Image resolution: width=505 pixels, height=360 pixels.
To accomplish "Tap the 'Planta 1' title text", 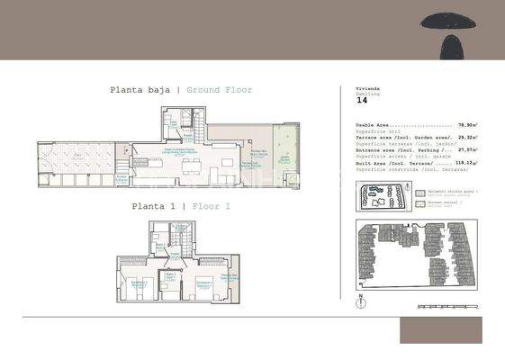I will [152, 206].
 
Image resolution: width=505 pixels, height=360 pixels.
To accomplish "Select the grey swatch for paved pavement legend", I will [420, 193].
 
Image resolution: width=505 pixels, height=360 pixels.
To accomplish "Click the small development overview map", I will [386, 197].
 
